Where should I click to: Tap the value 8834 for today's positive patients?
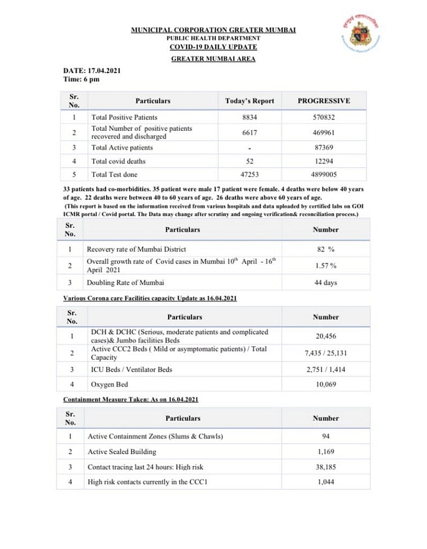click(249, 117)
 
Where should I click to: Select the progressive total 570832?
click(324, 117)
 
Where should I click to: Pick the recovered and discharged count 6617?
click(249, 132)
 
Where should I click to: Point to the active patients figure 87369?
click(324, 148)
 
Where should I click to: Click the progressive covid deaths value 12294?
click(324, 161)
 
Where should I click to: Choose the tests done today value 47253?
click(249, 175)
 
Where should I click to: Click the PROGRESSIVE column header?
click(324, 101)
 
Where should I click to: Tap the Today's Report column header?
click(249, 101)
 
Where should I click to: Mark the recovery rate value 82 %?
click(326, 249)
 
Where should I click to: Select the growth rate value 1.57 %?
click(326, 266)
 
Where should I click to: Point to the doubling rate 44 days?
click(326, 282)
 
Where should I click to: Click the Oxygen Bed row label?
click(110, 385)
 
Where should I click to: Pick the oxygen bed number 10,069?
click(326, 385)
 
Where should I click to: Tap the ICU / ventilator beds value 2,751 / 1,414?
click(326, 370)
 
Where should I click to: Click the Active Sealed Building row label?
click(122, 451)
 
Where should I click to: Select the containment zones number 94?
click(326, 437)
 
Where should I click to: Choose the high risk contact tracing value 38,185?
click(326, 466)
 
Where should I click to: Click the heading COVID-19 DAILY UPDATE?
click(213, 47)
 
